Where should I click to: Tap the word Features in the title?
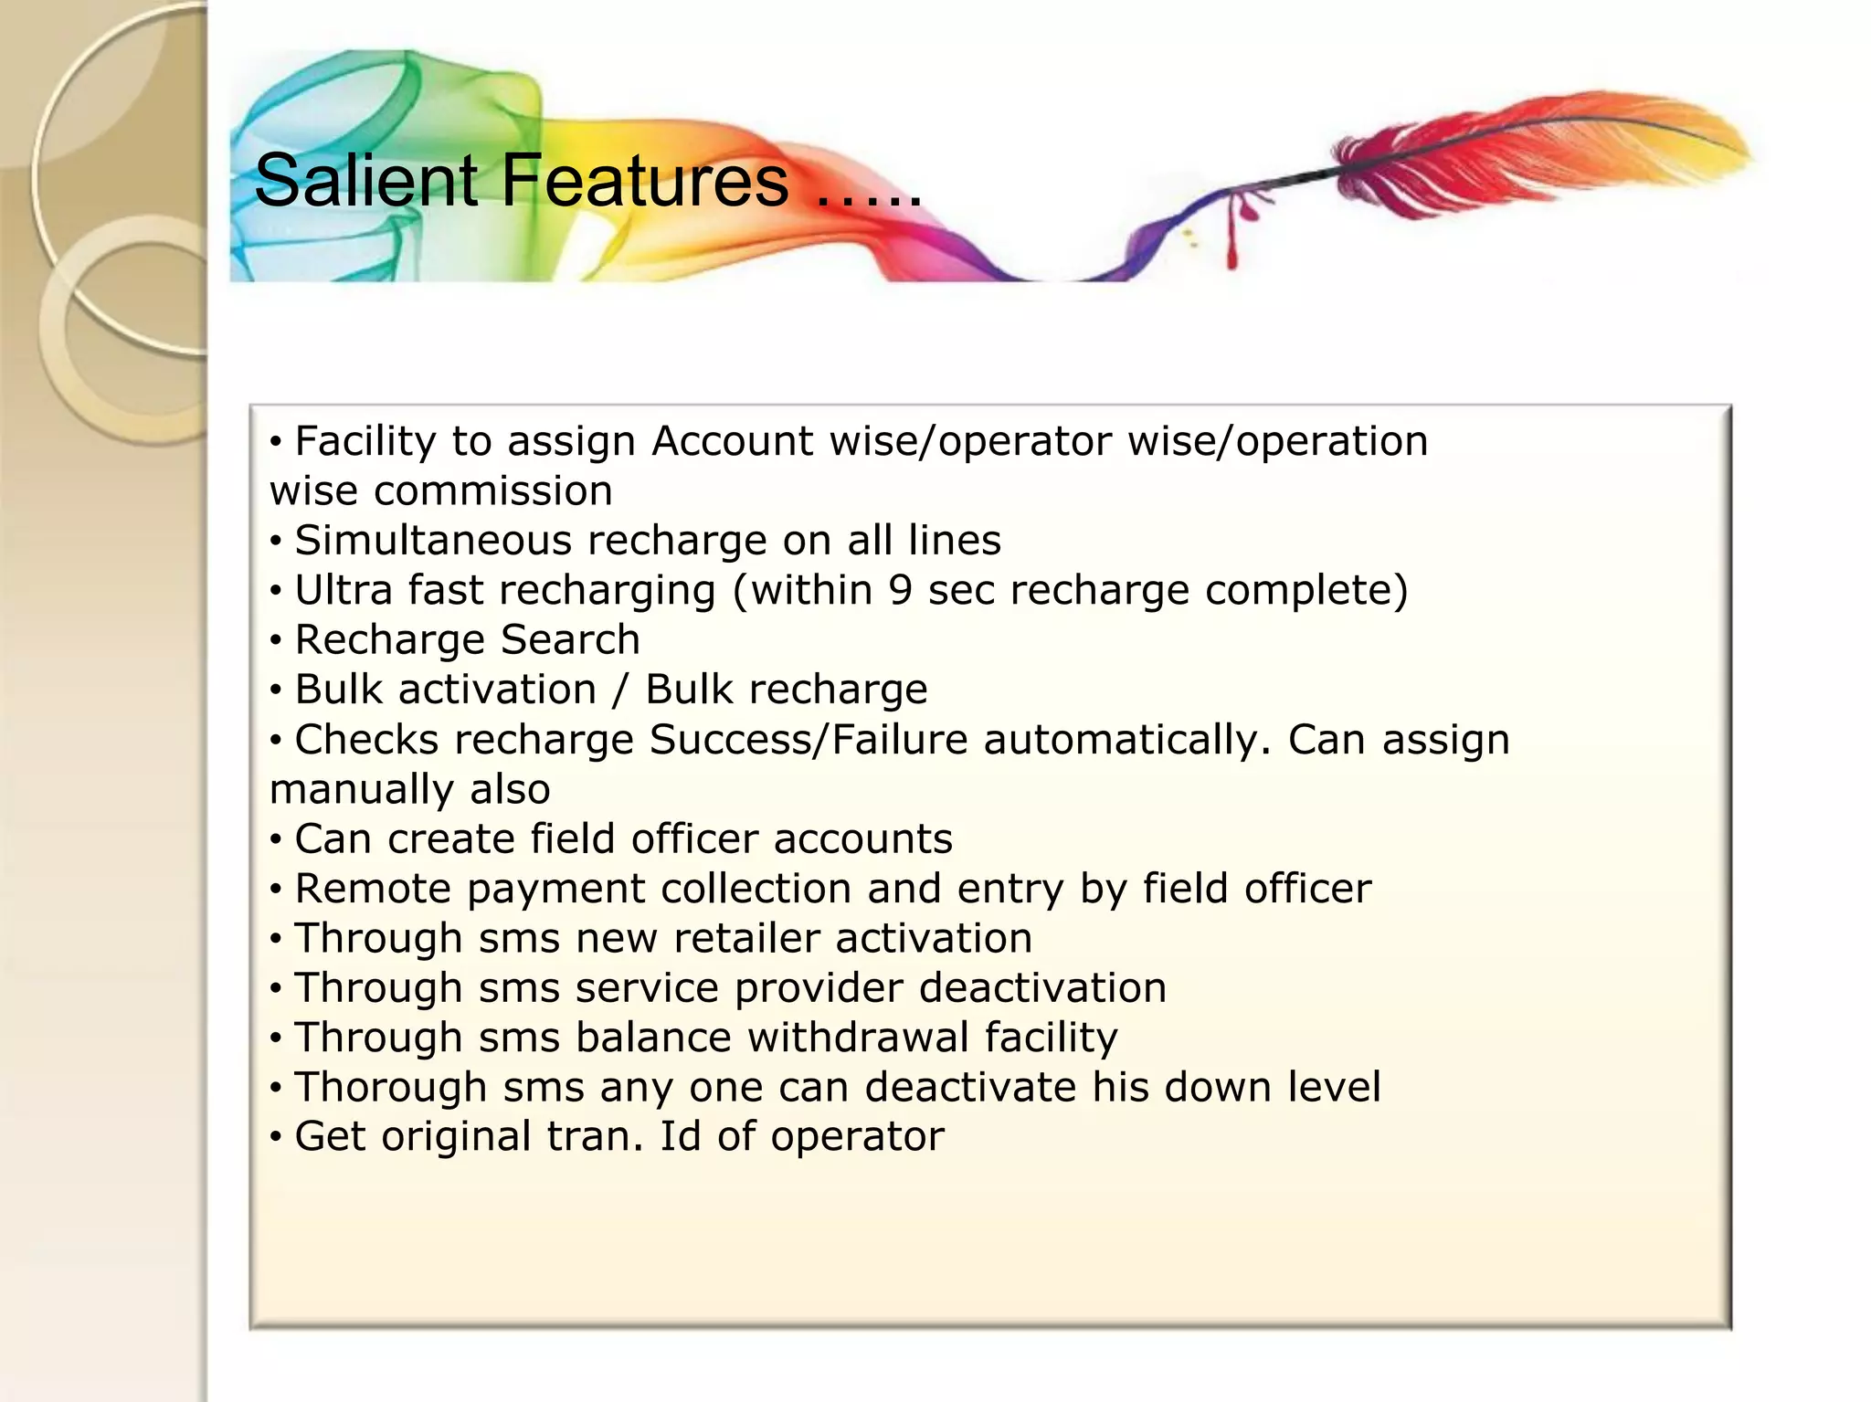tap(644, 181)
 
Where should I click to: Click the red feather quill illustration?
tap(1535, 155)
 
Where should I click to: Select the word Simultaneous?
tap(433, 541)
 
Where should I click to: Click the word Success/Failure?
tap(808, 740)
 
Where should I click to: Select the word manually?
tap(361, 790)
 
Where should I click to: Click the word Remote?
tap(373, 889)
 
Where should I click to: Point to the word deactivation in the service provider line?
tap(1041, 988)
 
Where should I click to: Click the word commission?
tap(492, 491)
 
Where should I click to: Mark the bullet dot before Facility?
tap(276, 443)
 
